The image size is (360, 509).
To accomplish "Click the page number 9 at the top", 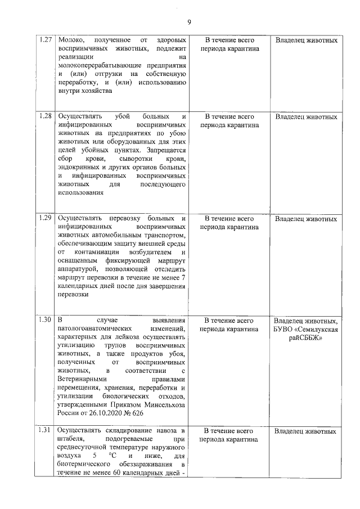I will pyautogui.click(x=190, y=22).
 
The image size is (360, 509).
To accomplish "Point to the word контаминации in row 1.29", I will pyautogui.click(x=94, y=252).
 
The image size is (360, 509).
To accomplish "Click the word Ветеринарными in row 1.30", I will pyautogui.click(x=82, y=379).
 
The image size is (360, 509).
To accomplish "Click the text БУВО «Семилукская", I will pyautogui.click(x=306, y=328).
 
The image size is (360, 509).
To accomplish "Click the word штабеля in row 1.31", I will pyautogui.click(x=70, y=439).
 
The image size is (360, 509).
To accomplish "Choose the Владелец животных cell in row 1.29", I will pyautogui.click(x=306, y=218).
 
